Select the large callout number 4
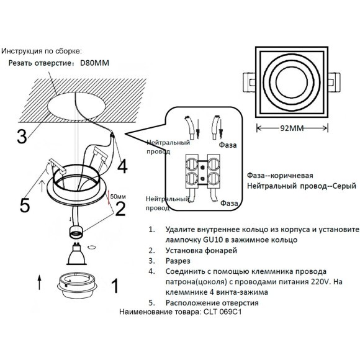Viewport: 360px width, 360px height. point(122,166)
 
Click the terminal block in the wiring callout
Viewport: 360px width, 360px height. point(205,168)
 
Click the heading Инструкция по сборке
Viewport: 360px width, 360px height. point(42,51)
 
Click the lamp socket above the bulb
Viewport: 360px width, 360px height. point(74,233)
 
